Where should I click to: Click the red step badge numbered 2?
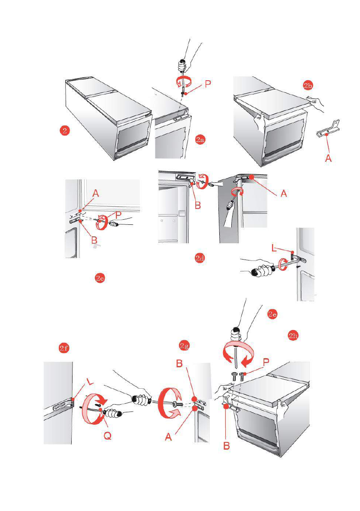(64, 130)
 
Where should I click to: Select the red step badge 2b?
(308, 85)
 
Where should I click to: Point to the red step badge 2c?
(100, 278)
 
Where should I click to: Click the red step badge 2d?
(200, 258)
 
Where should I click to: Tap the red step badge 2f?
(64, 349)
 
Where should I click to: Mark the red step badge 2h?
(293, 336)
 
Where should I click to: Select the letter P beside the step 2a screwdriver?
(208, 84)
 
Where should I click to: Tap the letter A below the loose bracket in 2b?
(328, 158)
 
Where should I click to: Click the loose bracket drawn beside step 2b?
(328, 129)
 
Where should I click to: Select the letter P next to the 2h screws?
(266, 363)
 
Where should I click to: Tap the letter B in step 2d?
(198, 206)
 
